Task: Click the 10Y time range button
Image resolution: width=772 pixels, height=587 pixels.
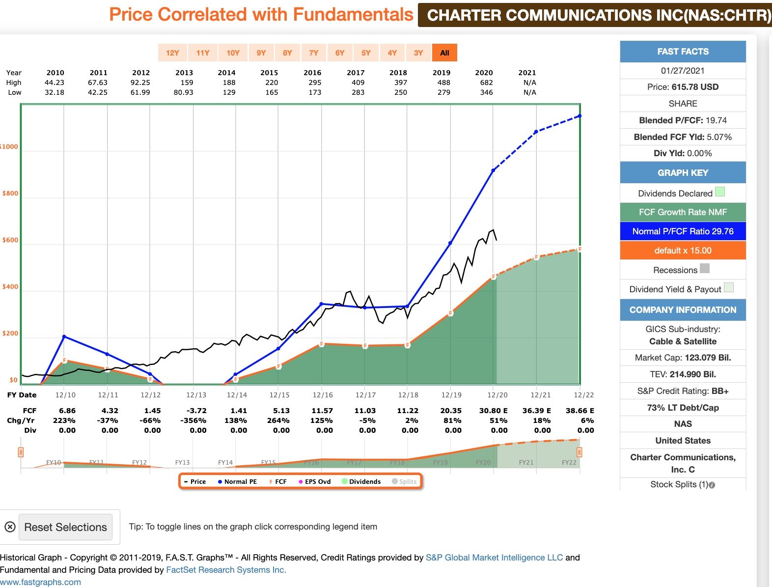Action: coord(233,53)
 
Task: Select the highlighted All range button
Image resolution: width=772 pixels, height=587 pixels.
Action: coord(444,53)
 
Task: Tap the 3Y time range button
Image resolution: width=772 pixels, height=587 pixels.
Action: coord(418,53)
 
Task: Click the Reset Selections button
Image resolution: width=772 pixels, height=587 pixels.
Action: coord(65,527)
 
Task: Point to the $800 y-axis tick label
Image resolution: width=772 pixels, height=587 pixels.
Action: coord(10,194)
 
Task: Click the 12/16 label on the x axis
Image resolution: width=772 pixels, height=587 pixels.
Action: coord(323,395)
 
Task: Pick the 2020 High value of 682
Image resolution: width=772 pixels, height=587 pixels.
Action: coord(486,83)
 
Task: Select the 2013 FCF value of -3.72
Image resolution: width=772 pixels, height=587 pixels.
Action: coord(196,411)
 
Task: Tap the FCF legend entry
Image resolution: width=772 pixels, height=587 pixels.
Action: coord(278,481)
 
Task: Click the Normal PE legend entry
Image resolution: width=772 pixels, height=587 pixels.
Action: coord(237,481)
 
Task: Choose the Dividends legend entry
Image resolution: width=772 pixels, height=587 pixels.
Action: coord(361,481)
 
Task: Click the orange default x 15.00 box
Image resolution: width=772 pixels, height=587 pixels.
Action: coord(683,251)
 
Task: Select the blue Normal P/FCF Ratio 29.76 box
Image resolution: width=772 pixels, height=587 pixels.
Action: coord(683,231)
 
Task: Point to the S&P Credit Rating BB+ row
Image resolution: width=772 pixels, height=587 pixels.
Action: coord(683,391)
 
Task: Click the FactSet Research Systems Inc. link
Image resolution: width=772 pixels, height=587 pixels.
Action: coord(226,570)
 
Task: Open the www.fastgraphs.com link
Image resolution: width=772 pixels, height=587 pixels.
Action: coord(40,582)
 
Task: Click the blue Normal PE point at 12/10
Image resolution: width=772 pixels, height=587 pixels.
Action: coord(64,337)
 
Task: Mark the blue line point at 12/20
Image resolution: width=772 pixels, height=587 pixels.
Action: coord(493,170)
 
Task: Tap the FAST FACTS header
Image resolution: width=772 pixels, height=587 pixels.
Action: coord(683,52)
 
